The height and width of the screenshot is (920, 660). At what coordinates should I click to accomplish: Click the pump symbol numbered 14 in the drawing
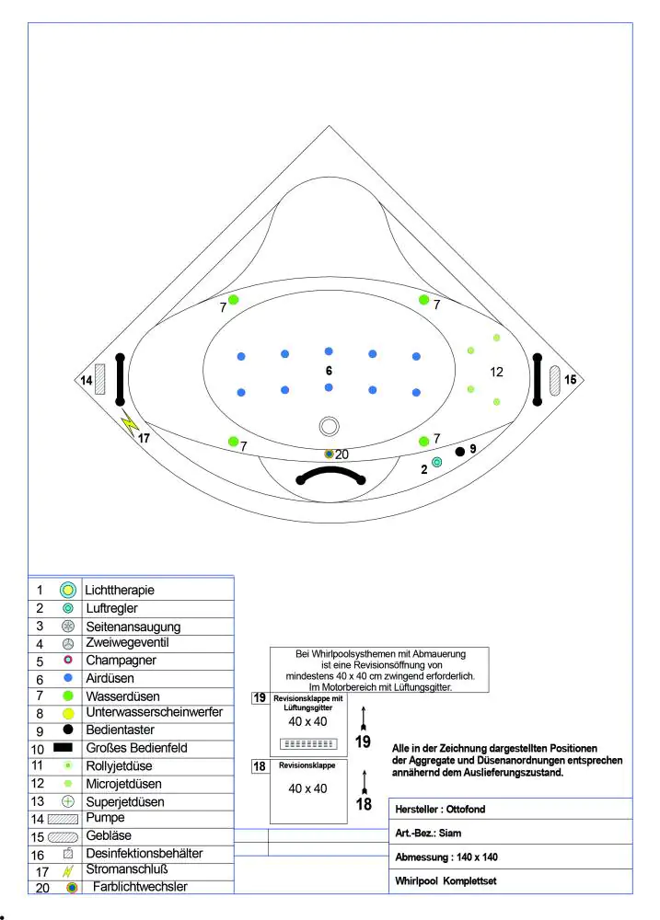click(100, 379)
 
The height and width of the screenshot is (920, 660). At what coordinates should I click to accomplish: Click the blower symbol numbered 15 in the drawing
click(555, 380)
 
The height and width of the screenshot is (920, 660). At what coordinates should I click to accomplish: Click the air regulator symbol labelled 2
click(437, 462)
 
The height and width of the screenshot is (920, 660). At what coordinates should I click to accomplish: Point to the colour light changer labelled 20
click(330, 454)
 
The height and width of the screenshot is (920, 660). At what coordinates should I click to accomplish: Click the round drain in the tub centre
click(329, 426)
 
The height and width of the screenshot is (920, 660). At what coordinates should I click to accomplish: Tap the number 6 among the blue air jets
click(328, 369)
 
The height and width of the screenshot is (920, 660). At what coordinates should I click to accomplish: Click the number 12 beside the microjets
click(497, 372)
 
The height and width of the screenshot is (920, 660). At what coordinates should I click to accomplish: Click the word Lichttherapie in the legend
click(119, 590)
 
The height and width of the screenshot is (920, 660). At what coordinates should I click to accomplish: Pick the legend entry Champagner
click(121, 661)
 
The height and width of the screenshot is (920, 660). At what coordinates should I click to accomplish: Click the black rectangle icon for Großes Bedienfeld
click(67, 748)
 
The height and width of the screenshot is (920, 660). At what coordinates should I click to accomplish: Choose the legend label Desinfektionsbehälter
click(144, 854)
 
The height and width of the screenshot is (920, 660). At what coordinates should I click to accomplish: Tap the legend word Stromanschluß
click(126, 869)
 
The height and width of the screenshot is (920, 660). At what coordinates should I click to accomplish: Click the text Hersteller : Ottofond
click(440, 810)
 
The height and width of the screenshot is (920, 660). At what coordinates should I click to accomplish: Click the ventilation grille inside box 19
click(309, 742)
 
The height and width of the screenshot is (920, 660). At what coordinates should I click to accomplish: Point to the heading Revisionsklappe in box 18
click(308, 765)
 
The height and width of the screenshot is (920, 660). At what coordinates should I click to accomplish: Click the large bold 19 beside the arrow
click(364, 742)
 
